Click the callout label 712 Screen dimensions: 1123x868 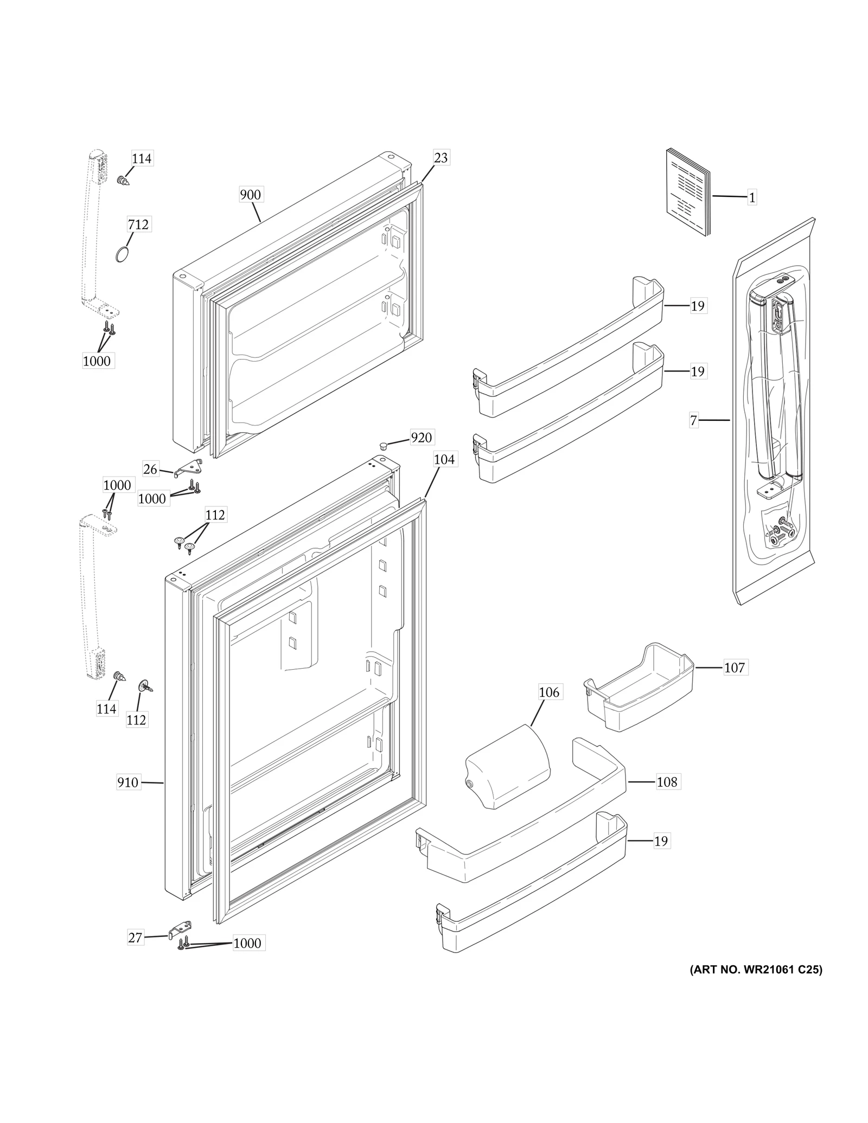(138, 224)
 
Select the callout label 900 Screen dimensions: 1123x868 (250, 194)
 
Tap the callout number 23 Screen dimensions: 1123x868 (441, 157)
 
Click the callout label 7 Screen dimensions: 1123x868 (693, 420)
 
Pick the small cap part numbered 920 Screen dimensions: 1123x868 (384, 446)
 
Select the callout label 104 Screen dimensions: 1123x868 (444, 459)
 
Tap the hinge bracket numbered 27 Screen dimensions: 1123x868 (180, 929)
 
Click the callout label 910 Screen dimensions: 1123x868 (128, 782)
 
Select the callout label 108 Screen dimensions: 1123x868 (667, 781)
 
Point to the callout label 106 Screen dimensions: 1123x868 (548, 692)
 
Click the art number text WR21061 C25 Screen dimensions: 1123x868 (756, 970)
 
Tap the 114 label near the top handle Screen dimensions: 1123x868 (142, 158)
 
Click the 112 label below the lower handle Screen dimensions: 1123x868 (136, 720)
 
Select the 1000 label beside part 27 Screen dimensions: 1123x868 (247, 943)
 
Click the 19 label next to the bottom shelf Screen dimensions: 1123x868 (661, 841)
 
